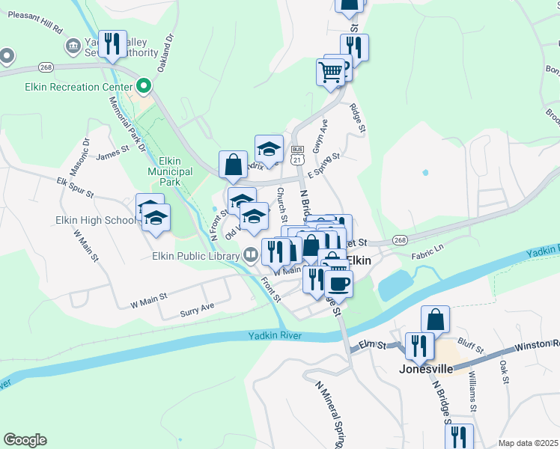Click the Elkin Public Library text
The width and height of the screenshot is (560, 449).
pos(184,255)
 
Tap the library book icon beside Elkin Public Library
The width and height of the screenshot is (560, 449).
pos(249,255)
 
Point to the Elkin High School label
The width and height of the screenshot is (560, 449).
pos(95,220)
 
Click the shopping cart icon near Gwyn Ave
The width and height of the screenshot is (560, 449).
pos(330,71)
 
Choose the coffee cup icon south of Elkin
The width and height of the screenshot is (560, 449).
pos(338,283)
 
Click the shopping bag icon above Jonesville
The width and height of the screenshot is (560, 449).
pos(435,319)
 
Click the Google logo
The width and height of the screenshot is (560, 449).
pos(25,440)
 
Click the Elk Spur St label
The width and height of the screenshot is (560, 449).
pos(75,187)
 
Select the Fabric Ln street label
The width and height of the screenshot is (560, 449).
pos(427,255)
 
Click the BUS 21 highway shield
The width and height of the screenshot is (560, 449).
pos(298,155)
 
